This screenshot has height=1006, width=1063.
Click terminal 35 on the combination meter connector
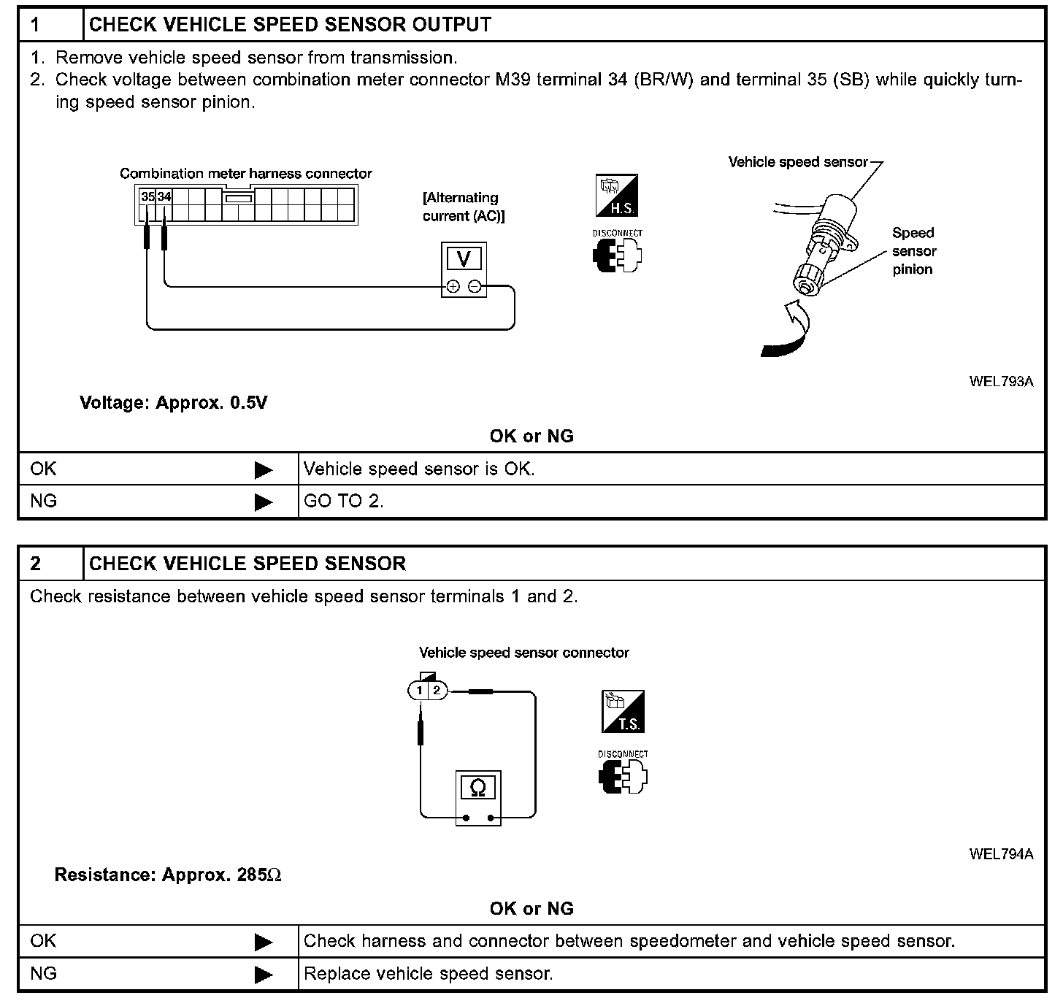[147, 196]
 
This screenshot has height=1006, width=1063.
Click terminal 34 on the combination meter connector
[164, 196]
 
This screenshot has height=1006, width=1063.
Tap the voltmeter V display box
[464, 259]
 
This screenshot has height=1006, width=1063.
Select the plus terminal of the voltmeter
[453, 287]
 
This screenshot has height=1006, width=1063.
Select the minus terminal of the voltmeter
[475, 287]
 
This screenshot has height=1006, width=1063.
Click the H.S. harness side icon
[617, 195]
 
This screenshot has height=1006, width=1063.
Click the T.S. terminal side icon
[623, 711]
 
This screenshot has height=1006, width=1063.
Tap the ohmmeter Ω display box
[478, 787]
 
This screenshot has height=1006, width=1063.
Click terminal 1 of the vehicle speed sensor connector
[419, 690]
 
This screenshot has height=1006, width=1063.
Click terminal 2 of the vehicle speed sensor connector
[437, 690]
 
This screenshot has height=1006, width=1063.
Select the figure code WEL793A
[1001, 382]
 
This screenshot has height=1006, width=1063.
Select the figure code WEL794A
[1001, 854]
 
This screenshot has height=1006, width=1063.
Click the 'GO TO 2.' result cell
[343, 502]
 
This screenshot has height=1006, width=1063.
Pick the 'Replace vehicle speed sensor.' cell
[428, 973]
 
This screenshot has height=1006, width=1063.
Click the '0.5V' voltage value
[248, 403]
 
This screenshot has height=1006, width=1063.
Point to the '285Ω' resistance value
[259, 875]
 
